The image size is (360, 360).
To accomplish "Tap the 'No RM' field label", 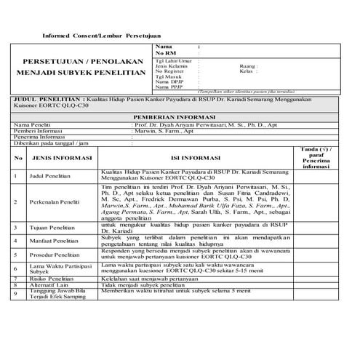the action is point(165,53).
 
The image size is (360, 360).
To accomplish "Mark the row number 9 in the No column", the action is point(15,293).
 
